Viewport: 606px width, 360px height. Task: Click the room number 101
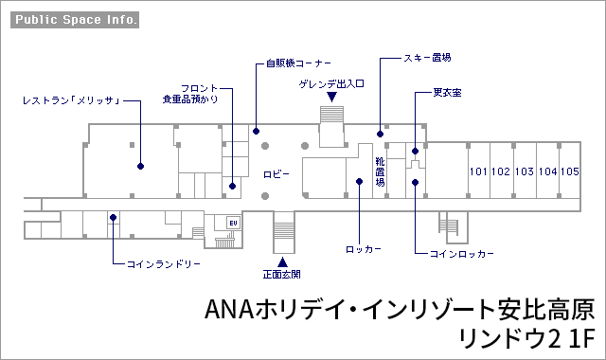click(x=478, y=171)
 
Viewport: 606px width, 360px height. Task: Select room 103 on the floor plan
click(x=525, y=171)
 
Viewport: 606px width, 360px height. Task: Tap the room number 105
click(x=570, y=171)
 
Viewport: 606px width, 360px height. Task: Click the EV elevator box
click(x=234, y=224)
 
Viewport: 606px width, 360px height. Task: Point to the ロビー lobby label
click(x=276, y=174)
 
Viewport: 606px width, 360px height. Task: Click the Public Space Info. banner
click(x=75, y=20)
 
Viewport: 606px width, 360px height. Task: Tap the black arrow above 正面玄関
click(x=282, y=262)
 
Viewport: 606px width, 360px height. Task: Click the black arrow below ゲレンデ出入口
click(x=331, y=97)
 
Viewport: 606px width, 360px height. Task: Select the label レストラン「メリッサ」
click(x=72, y=101)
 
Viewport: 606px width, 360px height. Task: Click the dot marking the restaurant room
click(x=141, y=167)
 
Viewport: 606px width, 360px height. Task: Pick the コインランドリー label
click(x=164, y=264)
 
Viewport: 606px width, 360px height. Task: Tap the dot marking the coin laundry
click(x=113, y=218)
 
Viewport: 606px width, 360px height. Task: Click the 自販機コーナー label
click(x=298, y=63)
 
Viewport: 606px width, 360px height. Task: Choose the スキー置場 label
click(x=427, y=58)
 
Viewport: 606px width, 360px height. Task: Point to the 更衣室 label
click(x=447, y=93)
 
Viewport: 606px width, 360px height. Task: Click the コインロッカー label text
click(x=462, y=254)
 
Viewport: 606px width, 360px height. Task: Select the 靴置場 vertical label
click(x=381, y=171)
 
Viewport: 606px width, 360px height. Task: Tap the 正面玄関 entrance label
click(x=282, y=275)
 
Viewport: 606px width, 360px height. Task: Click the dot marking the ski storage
click(x=381, y=135)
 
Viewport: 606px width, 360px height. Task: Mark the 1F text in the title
click(x=581, y=339)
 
